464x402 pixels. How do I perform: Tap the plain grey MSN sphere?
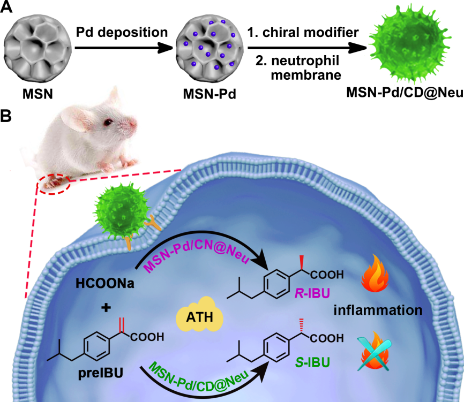pyautogui.click(x=34, y=47)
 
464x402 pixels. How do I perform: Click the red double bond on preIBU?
pyautogui.click(x=122, y=323)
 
